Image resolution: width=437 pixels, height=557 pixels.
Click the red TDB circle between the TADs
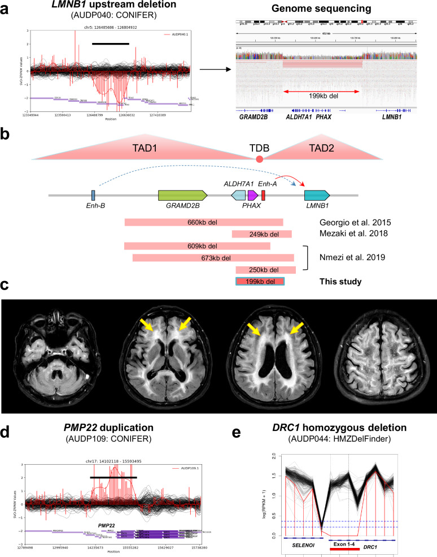pos(260,160)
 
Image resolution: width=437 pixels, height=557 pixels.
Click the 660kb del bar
pos(203,222)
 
